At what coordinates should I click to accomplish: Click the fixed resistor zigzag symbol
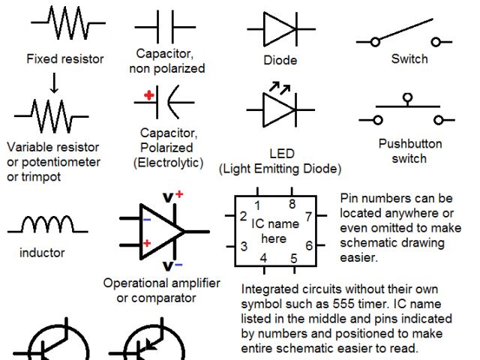[67, 25]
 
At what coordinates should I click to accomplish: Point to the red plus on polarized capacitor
[150, 95]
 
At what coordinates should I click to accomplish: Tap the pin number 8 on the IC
[291, 204]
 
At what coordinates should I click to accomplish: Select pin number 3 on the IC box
[244, 246]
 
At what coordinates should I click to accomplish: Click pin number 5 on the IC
[293, 259]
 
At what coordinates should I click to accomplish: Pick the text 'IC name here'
[273, 231]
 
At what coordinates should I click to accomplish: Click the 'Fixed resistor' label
[64, 58]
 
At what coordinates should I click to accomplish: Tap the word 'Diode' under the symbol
[281, 60]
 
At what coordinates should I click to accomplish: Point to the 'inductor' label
[42, 253]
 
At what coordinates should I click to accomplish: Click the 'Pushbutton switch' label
[409, 151]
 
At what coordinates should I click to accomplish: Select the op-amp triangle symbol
[161, 232]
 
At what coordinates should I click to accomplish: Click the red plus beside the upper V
[179, 194]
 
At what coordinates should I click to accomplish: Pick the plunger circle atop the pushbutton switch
[407, 97]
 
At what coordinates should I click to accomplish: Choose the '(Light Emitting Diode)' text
[280, 169]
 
